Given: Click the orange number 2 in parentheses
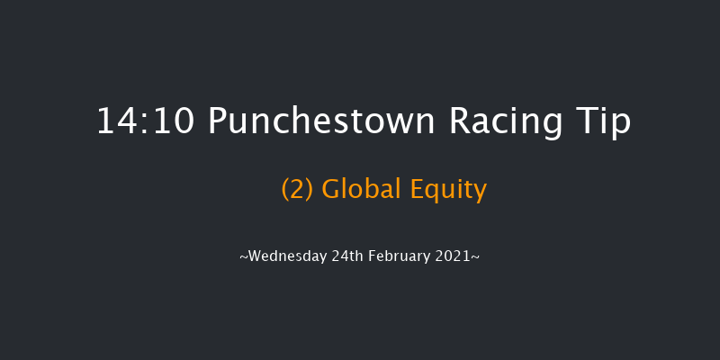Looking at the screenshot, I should [x=297, y=190].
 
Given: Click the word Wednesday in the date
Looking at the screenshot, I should [x=285, y=256].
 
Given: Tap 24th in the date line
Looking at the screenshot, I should [x=342, y=256].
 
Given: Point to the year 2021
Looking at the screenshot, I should [x=454, y=256].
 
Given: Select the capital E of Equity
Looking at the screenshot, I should [x=416, y=190].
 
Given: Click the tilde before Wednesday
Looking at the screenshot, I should [x=243, y=256].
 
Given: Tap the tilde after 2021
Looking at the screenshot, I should [x=476, y=256].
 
